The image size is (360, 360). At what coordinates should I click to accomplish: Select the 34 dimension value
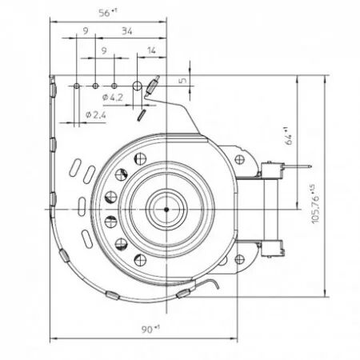point(127,33)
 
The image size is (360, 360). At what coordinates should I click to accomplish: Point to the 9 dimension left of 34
point(86,33)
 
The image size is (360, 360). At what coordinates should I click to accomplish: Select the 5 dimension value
point(182,80)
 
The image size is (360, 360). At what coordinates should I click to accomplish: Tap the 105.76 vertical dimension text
point(314,203)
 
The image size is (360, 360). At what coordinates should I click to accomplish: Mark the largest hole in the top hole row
point(137,85)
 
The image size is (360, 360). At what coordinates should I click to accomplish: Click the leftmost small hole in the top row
point(76,84)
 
